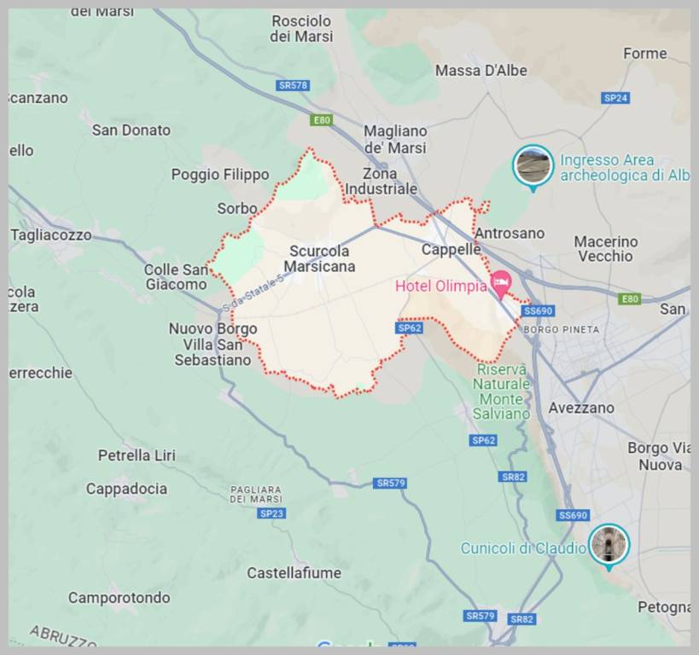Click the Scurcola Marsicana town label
pyautogui.click(x=321, y=258)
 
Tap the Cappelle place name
pyautogui.click(x=451, y=249)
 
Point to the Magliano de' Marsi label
pyautogui.click(x=395, y=139)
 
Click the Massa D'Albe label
pyautogui.click(x=481, y=71)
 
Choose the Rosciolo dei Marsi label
pyautogui.click(x=301, y=28)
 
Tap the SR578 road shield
pyautogui.click(x=294, y=85)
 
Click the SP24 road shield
pyautogui.click(x=615, y=98)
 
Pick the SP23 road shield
pyautogui.click(x=271, y=513)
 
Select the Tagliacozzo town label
pyautogui.click(x=51, y=235)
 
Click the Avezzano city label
pyautogui.click(x=581, y=408)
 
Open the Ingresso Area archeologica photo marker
pyautogui.click(x=533, y=165)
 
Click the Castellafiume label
pyautogui.click(x=294, y=573)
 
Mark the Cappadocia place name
pyautogui.click(x=126, y=489)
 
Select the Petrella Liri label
pyautogui.click(x=137, y=455)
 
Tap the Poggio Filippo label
pyautogui.click(x=220, y=175)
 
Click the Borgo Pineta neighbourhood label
pyautogui.click(x=561, y=330)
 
